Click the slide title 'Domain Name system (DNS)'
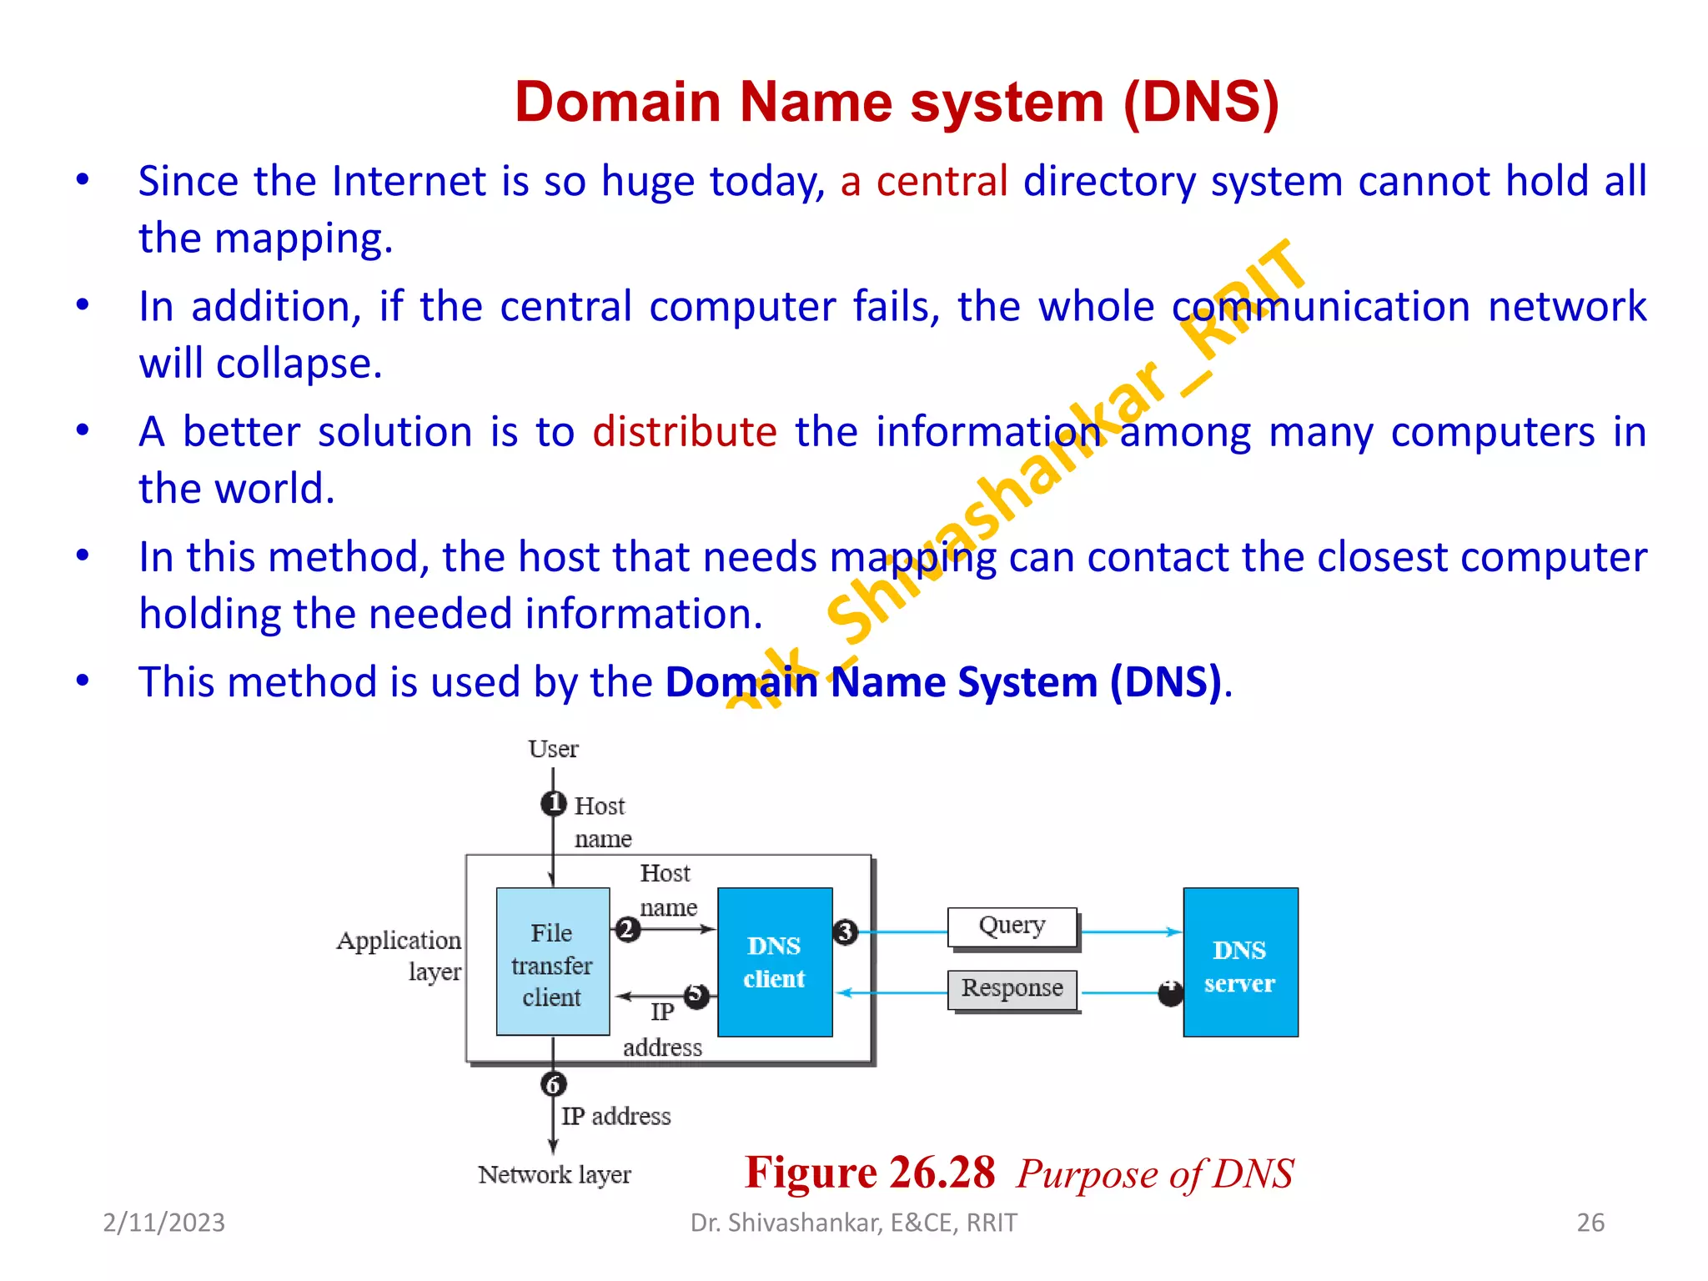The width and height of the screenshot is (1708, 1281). [x=897, y=102]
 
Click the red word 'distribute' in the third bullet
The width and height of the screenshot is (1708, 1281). [x=685, y=432]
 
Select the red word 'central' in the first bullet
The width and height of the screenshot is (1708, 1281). [x=942, y=181]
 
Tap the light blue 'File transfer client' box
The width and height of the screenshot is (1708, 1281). [x=553, y=962]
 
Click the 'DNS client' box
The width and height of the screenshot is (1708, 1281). [x=775, y=962]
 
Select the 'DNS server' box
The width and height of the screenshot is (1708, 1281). [x=1240, y=962]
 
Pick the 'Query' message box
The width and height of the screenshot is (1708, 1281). [x=1012, y=927]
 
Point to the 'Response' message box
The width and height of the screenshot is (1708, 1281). [x=1012, y=989]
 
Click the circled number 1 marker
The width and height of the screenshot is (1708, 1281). [x=553, y=804]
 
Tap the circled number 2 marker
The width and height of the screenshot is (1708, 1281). [x=627, y=929]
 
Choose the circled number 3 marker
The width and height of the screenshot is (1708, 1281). [x=845, y=932]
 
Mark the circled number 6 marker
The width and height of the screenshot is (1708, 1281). [x=553, y=1084]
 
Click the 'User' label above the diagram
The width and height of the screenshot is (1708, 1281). [x=553, y=749]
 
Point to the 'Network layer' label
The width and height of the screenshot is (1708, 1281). [x=555, y=1175]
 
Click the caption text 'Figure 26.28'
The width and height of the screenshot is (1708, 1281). [x=870, y=1173]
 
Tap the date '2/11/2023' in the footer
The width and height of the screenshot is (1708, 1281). [x=163, y=1223]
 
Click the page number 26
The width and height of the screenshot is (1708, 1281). [x=1590, y=1223]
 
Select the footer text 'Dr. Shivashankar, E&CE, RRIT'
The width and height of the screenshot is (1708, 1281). [x=854, y=1223]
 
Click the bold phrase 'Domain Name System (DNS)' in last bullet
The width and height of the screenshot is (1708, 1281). [x=943, y=682]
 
